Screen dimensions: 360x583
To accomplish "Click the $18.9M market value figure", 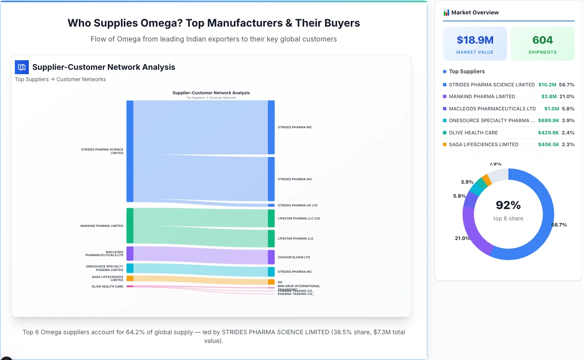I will pyautogui.click(x=475, y=40).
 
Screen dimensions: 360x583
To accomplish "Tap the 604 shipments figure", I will pyautogui.click(x=542, y=40).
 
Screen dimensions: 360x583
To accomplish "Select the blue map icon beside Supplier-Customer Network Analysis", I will pyautogui.click(x=22, y=67).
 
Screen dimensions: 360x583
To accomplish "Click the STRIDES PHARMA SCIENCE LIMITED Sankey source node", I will pyautogui.click(x=130, y=151).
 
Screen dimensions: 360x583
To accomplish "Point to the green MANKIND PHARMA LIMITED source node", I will pyautogui.click(x=130, y=226).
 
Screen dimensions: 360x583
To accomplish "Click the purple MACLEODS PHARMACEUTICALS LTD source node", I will pyautogui.click(x=130, y=254).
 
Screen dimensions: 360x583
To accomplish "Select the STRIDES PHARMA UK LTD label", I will pyautogui.click(x=297, y=205).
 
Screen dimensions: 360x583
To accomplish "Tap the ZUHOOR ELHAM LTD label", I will pyautogui.click(x=294, y=257).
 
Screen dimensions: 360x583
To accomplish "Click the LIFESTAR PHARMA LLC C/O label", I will pyautogui.click(x=298, y=218).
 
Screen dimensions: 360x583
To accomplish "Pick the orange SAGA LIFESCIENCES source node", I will pyautogui.click(x=130, y=278).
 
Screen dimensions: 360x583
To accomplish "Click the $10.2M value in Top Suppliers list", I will pyautogui.click(x=547, y=85).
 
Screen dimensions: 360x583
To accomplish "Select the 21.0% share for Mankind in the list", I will pyautogui.click(x=567, y=96).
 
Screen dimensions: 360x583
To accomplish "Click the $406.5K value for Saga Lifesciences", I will pyautogui.click(x=548, y=144).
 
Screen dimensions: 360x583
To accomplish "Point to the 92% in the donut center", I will pyautogui.click(x=508, y=205).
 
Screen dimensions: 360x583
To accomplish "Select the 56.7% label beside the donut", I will pyautogui.click(x=559, y=225).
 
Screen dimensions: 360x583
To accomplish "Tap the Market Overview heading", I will pyautogui.click(x=475, y=13).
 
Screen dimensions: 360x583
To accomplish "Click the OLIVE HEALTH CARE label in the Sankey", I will pyautogui.click(x=107, y=287).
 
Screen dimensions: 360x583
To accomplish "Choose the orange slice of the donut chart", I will pyautogui.click(x=487, y=180).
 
